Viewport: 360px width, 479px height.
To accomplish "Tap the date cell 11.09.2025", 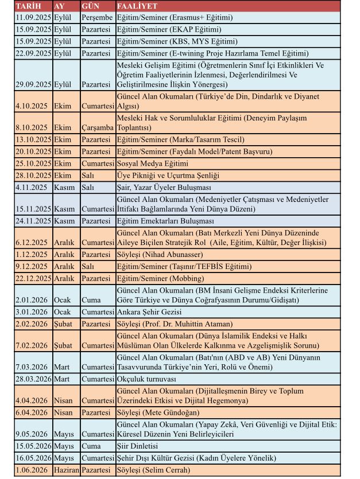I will coord(33,17).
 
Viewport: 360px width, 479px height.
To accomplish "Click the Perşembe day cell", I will coord(97,17).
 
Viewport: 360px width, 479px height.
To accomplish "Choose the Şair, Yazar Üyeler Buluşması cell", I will coord(164,188).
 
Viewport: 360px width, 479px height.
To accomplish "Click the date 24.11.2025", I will coord(33,220).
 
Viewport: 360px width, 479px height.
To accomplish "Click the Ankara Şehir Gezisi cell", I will coord(149,312).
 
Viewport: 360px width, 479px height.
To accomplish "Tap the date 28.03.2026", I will coord(33,379).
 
